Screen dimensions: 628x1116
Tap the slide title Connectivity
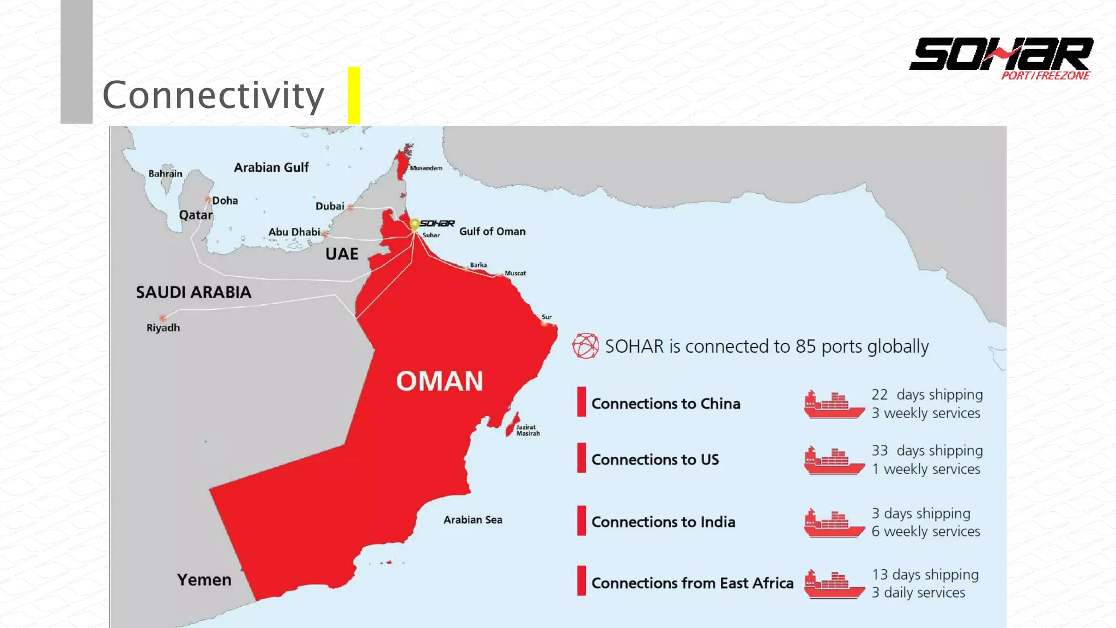[x=213, y=95]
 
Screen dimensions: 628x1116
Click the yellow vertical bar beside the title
[x=354, y=95]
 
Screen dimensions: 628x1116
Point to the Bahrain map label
[x=165, y=173]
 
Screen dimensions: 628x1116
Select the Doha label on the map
[x=225, y=201]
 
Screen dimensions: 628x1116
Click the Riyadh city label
[x=163, y=328]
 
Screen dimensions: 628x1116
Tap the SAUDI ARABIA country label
[x=193, y=292]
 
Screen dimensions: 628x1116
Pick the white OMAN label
[x=439, y=381]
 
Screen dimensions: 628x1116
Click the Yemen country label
[x=204, y=579]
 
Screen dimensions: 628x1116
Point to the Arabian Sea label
[x=472, y=520]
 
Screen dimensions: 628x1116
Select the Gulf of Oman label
[x=492, y=231]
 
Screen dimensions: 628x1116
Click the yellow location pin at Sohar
[x=414, y=224]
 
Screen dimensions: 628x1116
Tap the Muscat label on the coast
[x=515, y=273]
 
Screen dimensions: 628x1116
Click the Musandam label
[x=426, y=168]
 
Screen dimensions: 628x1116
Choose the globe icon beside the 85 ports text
[x=585, y=346]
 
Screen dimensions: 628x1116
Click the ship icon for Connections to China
[x=834, y=405]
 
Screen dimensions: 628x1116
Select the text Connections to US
[x=655, y=460]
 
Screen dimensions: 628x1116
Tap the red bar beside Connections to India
[x=581, y=521]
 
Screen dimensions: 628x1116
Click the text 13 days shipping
[x=925, y=575]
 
